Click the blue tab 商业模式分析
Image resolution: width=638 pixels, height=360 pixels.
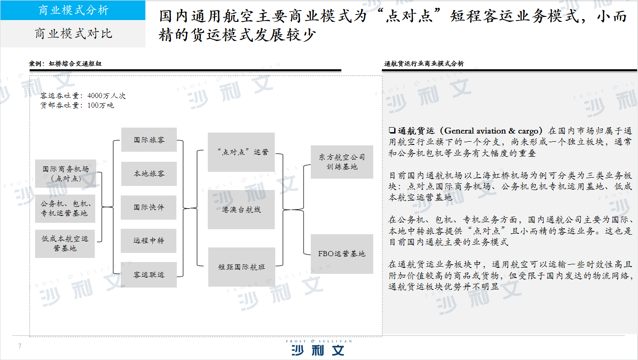click(73, 10)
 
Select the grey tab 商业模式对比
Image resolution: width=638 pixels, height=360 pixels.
click(73, 34)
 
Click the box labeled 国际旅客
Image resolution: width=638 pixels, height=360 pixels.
click(149, 139)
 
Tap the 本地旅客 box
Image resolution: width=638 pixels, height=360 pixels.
click(149, 174)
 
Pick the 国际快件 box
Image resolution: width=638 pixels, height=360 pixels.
click(149, 207)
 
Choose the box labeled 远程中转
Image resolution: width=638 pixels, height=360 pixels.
click(149, 241)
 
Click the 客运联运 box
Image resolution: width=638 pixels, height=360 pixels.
click(149, 274)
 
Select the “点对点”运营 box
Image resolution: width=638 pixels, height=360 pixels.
click(241, 152)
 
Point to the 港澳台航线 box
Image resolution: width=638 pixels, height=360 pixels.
click(241, 210)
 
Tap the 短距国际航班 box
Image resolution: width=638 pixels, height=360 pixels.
click(242, 267)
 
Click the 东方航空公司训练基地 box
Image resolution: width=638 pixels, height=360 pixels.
click(342, 162)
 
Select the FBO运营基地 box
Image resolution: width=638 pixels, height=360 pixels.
click(342, 254)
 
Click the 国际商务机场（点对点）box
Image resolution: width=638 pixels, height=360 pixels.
click(66, 174)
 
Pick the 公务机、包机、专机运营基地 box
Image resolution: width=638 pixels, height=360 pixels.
click(65, 209)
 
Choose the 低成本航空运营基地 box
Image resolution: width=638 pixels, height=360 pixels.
click(65, 243)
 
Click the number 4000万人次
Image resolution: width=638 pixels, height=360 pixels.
click(107, 96)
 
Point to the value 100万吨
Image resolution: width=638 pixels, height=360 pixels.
click(101, 105)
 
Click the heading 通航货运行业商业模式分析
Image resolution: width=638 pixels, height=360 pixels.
click(424, 63)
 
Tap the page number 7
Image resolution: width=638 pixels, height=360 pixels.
click(20, 346)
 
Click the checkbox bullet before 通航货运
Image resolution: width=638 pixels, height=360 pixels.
click(392, 130)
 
